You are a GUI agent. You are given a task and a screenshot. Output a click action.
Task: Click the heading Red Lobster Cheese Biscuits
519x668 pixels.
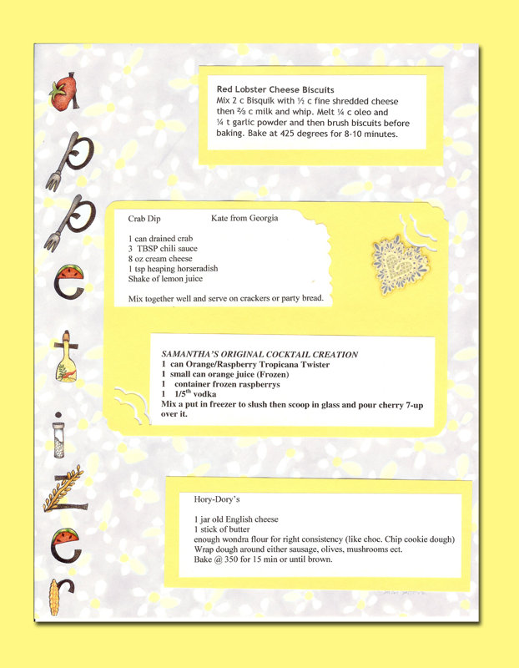(275, 89)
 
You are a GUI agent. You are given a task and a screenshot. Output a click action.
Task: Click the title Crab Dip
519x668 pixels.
(144, 219)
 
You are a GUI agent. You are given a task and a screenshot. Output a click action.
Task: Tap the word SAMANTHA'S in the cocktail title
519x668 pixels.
(193, 354)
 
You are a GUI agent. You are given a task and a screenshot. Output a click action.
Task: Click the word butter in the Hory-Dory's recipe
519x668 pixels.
(234, 529)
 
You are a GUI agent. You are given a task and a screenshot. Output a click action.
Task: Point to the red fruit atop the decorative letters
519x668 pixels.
(61, 94)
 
